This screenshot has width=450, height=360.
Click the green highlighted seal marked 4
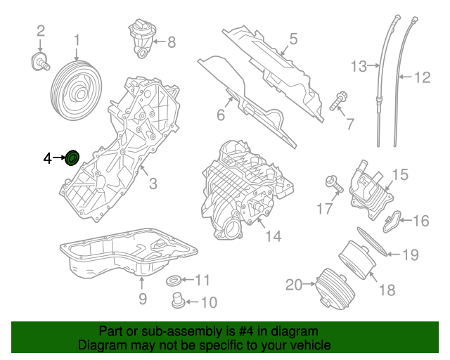72,157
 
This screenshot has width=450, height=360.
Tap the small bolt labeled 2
41,61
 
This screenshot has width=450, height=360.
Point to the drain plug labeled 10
178,303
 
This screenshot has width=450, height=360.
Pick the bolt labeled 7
337,101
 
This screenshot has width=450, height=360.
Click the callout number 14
273,236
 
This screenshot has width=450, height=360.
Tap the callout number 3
152,184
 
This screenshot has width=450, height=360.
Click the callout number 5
292,39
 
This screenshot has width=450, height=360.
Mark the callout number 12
421,77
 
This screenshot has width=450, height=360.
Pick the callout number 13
359,67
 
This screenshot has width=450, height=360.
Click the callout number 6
220,114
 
